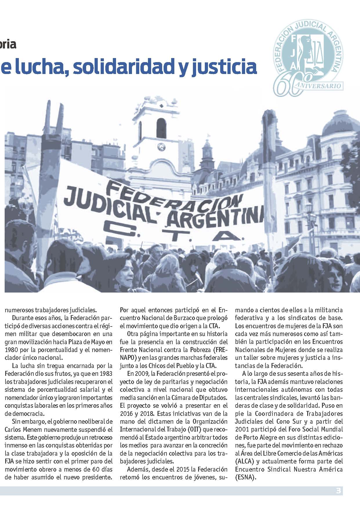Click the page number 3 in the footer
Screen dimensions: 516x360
click(338, 491)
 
